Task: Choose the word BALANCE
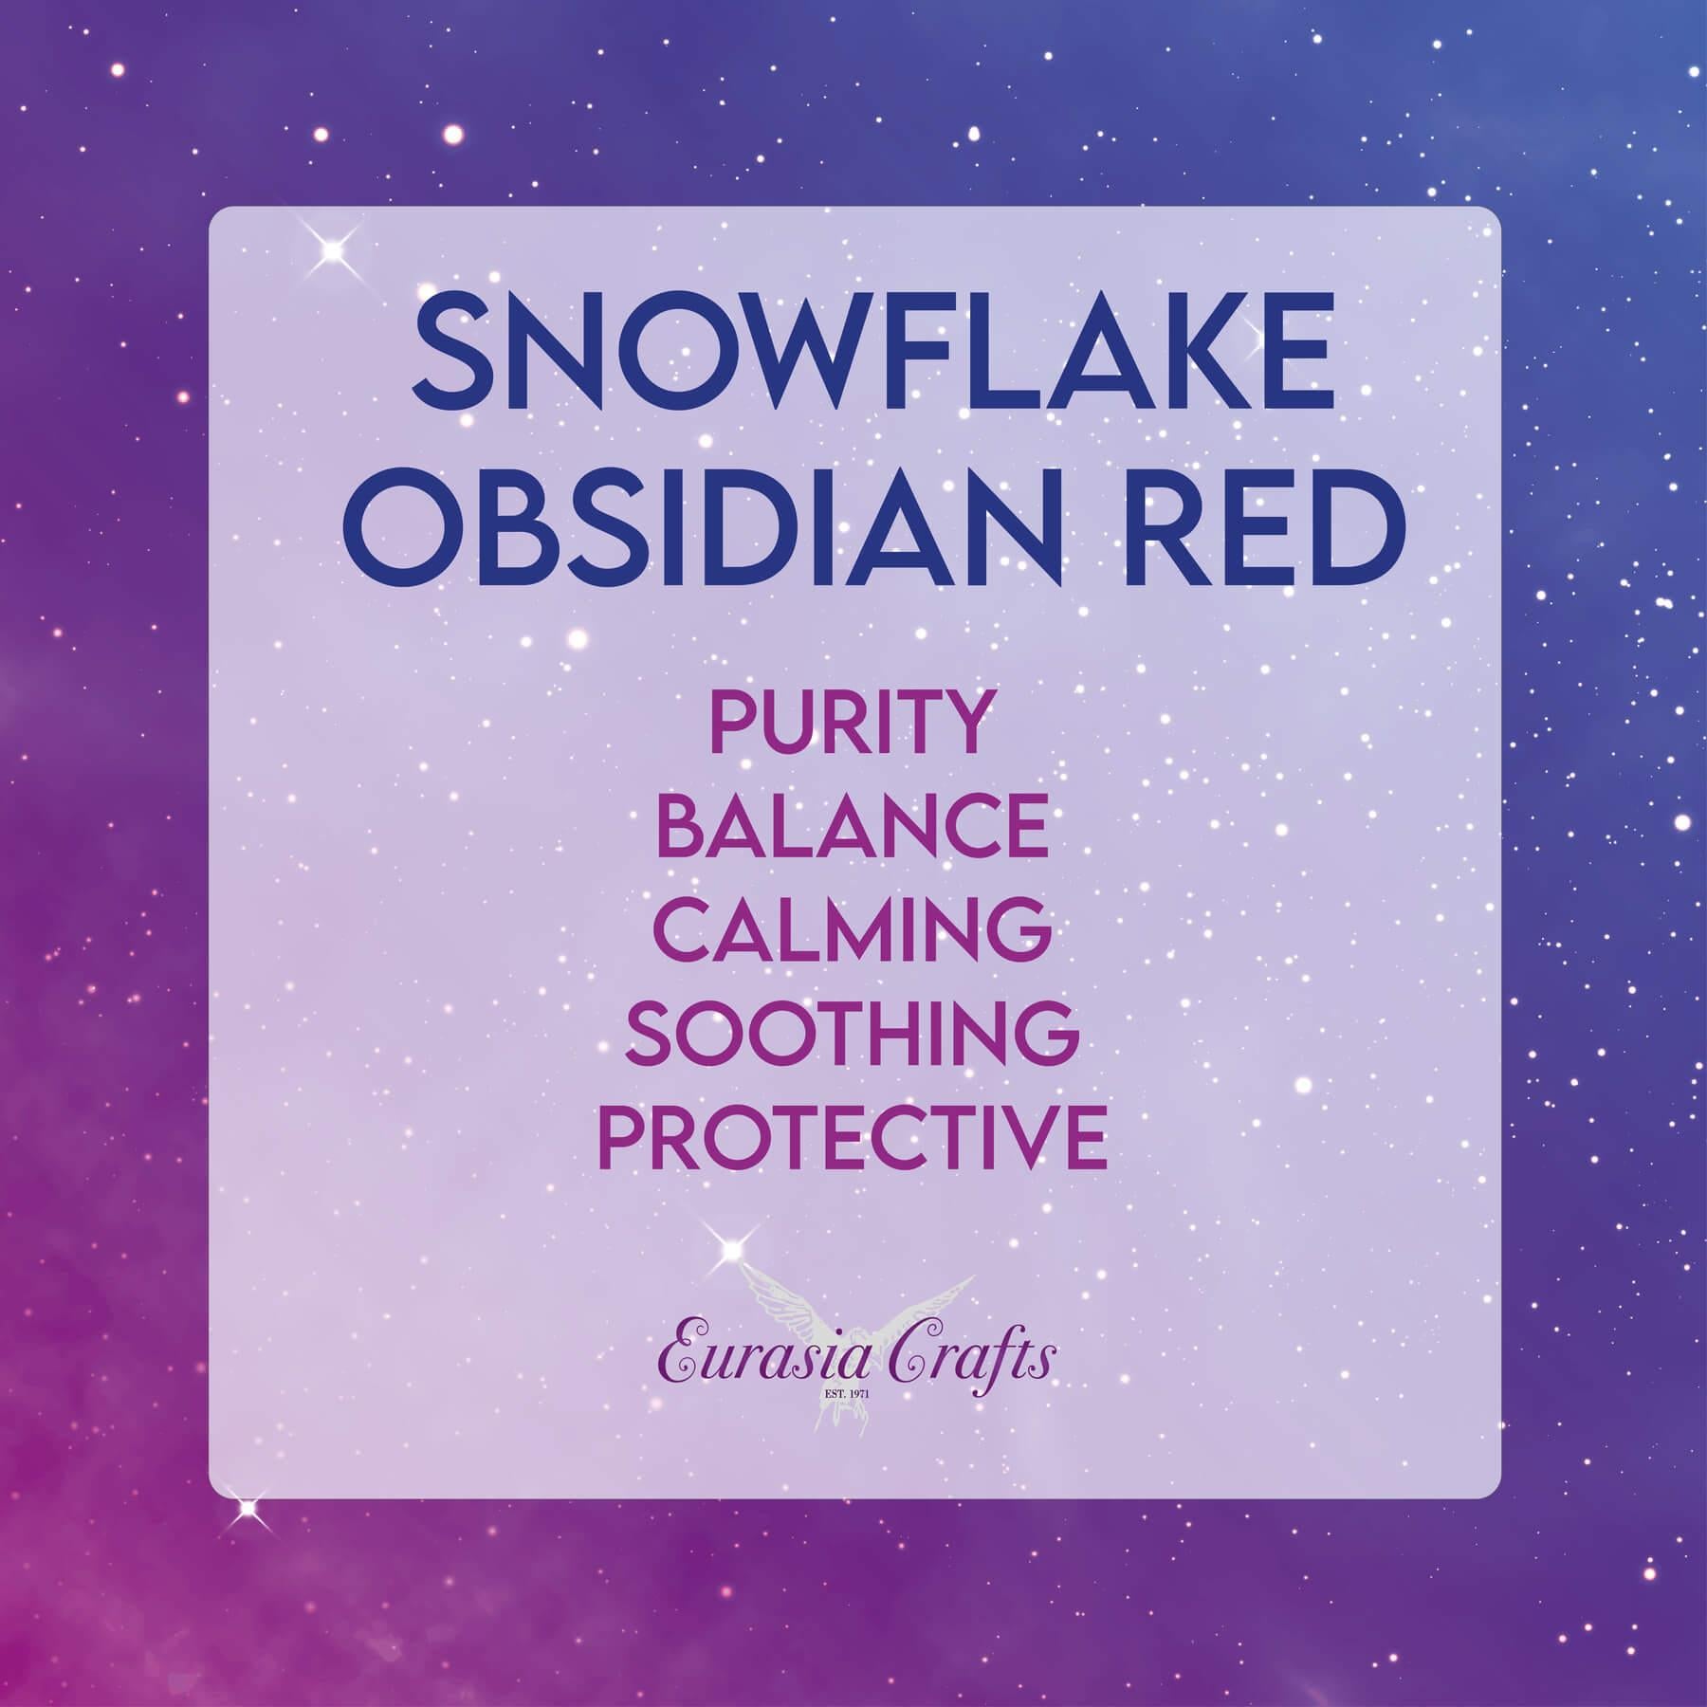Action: [853, 827]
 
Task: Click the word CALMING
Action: [853, 930]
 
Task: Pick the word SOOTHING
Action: [853, 1034]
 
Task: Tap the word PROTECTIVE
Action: [853, 1138]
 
